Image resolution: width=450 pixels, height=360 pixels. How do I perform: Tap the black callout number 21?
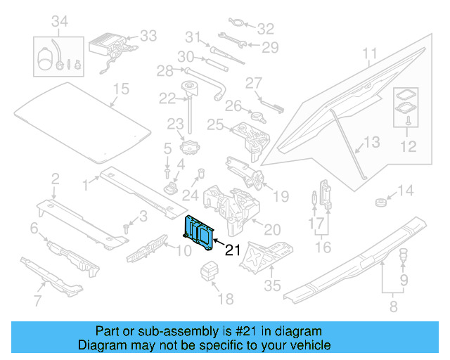click(233, 250)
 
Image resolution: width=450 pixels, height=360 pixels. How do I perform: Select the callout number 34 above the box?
click(60, 21)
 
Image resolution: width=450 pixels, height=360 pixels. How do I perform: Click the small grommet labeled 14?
click(381, 202)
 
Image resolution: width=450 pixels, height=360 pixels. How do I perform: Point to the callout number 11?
click(370, 53)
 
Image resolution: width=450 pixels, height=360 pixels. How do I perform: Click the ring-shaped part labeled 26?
click(258, 117)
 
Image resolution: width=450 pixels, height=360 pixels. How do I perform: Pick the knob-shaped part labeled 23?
click(190, 147)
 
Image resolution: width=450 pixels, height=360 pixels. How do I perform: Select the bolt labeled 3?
click(126, 229)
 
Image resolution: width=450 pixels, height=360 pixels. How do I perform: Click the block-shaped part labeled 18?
click(209, 270)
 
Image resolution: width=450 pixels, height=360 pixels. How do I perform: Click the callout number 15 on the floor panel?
click(121, 89)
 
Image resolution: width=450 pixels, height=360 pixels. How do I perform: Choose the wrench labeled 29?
click(232, 40)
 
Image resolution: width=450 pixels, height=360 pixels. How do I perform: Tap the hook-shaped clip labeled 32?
click(236, 22)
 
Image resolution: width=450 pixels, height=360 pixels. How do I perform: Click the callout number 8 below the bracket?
click(394, 307)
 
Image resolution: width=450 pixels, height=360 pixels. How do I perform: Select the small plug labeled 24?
click(202, 173)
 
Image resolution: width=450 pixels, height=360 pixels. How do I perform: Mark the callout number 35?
click(272, 285)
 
